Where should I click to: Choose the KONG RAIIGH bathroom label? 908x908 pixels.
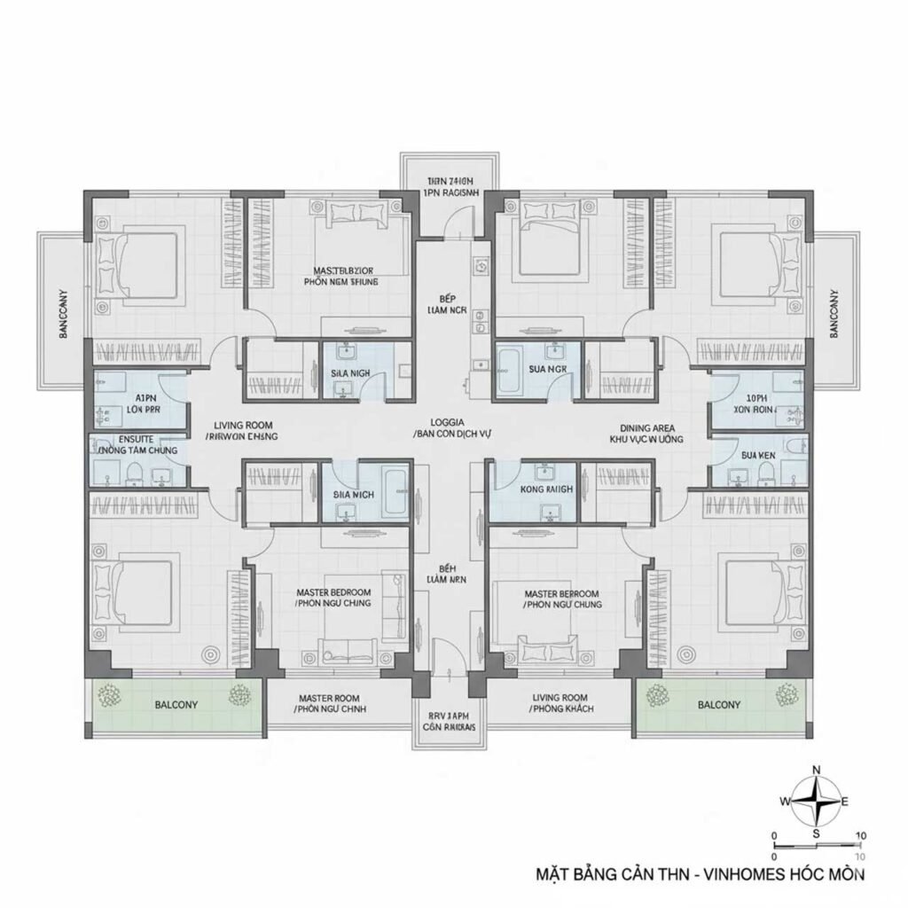coord(547,489)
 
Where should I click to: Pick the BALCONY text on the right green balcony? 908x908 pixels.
coord(720,705)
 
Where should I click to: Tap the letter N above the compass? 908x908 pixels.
coord(817,770)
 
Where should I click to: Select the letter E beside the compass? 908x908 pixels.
coord(845,802)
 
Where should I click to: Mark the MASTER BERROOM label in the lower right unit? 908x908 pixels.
coord(561,593)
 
